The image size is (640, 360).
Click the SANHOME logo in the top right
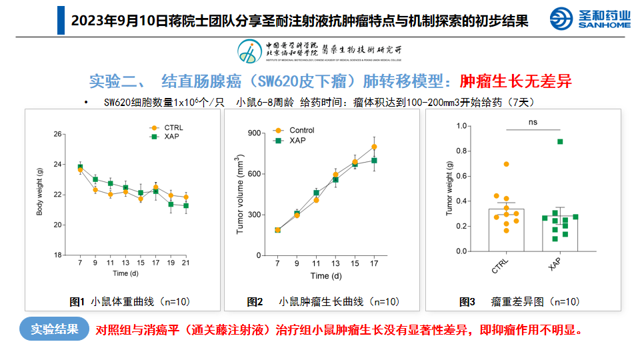coord(590,19)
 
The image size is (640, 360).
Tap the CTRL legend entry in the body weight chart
coord(167,127)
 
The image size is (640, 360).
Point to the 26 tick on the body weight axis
coord(58,134)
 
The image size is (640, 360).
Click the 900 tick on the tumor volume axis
coord(253,133)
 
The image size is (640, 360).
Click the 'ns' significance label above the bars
coord(533,122)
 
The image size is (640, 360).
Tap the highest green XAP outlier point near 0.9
coord(560,141)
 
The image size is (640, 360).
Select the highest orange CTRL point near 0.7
coord(507,164)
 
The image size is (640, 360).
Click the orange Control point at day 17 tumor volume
coord(374,147)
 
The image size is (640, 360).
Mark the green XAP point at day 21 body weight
coord(185,206)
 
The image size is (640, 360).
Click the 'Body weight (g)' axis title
coord(39,193)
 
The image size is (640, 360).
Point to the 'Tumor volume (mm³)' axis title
coord(239,194)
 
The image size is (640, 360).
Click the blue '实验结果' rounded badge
coord(54,329)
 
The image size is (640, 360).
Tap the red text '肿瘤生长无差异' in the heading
coord(516,81)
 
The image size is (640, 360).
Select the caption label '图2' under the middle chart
coord(255,302)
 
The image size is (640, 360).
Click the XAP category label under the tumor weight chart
coord(555,265)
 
